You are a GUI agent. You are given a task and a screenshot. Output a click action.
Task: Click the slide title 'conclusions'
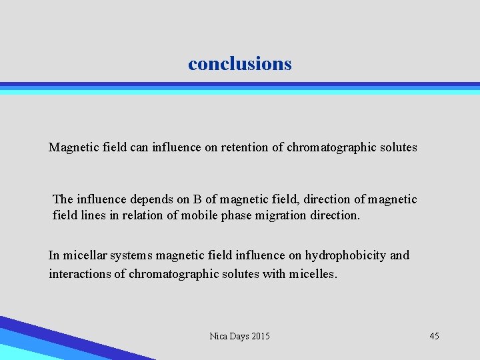coord(240,64)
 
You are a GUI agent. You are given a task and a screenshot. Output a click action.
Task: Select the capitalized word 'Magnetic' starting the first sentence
coord(73,147)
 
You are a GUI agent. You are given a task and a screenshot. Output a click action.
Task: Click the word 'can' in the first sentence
coord(139,147)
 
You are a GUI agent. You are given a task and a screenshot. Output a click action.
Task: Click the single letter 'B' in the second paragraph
coord(197,199)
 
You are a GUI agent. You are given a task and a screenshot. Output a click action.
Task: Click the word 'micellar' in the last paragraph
coord(84,255)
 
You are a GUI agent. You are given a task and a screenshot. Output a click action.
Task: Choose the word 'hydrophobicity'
coord(347,255)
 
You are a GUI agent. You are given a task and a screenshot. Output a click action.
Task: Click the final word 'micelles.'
coord(314,274)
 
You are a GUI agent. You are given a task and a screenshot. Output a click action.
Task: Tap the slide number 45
coord(434,336)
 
